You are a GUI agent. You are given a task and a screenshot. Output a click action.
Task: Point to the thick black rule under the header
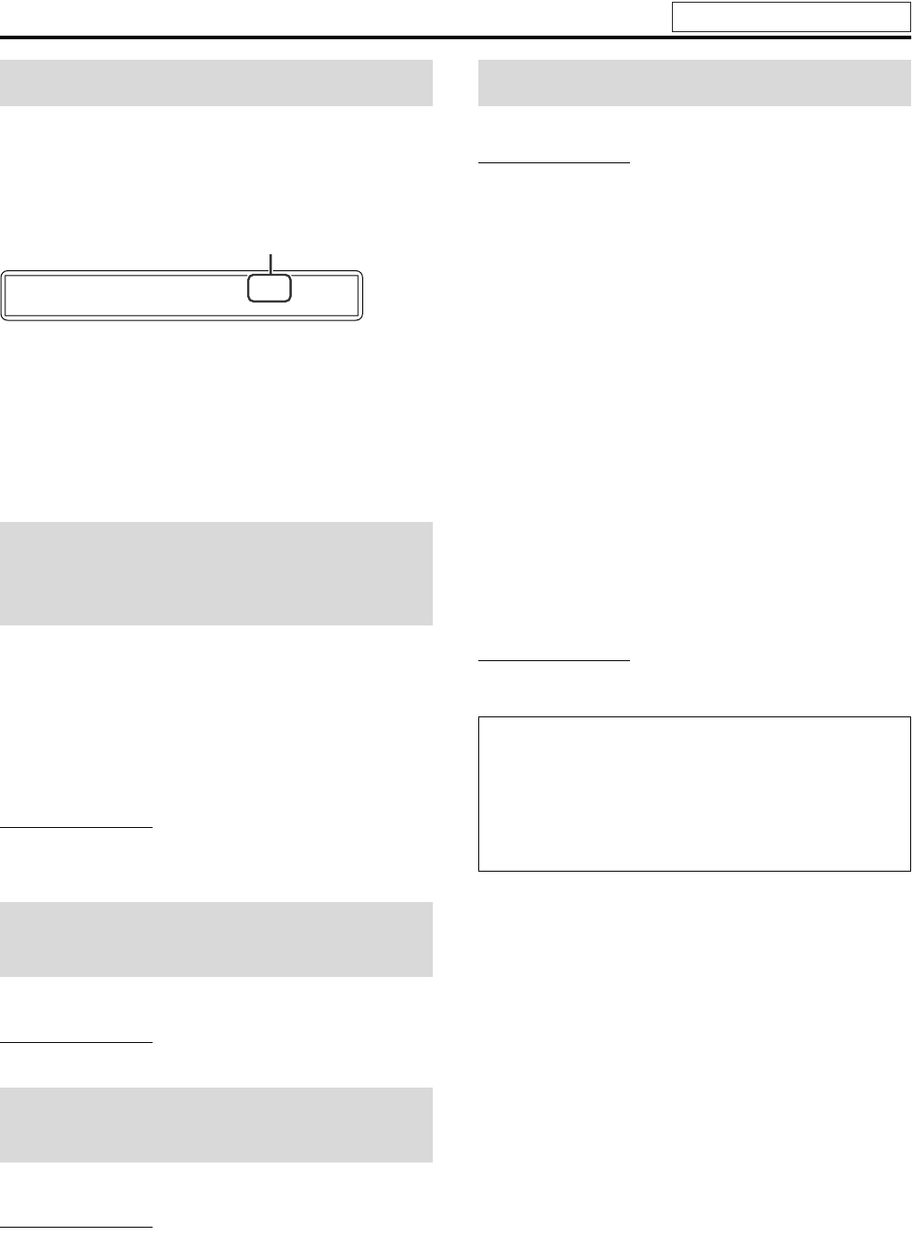[x=455, y=38]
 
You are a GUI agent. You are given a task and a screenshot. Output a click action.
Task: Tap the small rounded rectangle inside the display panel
[x=269, y=288]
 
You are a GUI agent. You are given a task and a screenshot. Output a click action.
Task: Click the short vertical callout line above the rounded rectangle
[x=269, y=262]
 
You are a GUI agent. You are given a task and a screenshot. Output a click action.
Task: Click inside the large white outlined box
[x=694, y=792]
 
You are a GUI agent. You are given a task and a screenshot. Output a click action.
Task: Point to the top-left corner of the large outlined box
[x=479, y=716]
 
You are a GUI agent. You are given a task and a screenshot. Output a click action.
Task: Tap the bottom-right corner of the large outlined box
[x=909, y=869]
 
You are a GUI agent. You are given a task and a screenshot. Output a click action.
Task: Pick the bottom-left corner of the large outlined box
[x=479, y=869]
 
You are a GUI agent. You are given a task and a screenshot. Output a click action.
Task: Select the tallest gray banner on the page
[x=216, y=573]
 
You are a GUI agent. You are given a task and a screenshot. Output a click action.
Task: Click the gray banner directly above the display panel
[x=216, y=82]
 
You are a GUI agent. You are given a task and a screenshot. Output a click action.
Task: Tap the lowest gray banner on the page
[x=216, y=1124]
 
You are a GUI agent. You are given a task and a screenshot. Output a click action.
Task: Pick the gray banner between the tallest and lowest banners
[x=216, y=939]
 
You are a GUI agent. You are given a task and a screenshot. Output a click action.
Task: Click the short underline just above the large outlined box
[x=554, y=661]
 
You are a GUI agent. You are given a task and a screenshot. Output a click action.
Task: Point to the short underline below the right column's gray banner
[x=554, y=163]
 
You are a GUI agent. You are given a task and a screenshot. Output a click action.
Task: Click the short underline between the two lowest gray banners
[x=77, y=1041]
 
